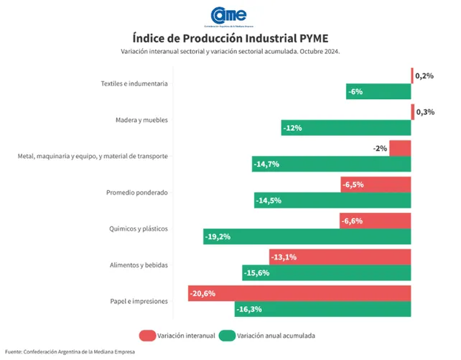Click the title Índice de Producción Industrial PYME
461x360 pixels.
click(x=230, y=37)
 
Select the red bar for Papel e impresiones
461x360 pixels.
click(x=299, y=293)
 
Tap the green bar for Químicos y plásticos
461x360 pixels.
click(x=307, y=236)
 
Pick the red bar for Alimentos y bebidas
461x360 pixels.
click(x=340, y=257)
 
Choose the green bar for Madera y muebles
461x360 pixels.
click(x=345, y=128)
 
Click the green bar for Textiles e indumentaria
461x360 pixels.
click(x=378, y=91)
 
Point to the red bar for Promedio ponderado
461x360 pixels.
click(x=376, y=185)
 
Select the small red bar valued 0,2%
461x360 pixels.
click(x=412, y=75)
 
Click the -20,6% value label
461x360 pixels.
click(x=204, y=293)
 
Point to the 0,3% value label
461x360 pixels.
click(x=425, y=111)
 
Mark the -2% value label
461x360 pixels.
click(x=380, y=148)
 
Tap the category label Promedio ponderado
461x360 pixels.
click(x=136, y=192)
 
